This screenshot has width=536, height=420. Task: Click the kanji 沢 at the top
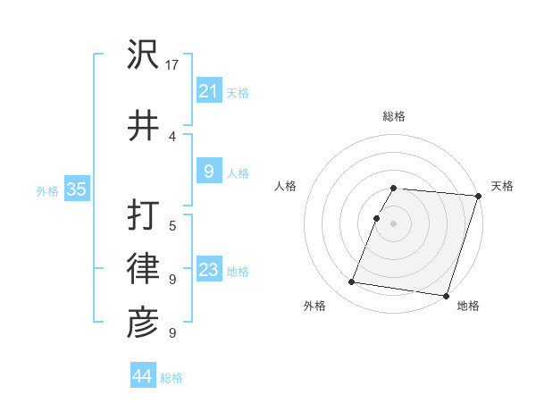pyautogui.click(x=143, y=55)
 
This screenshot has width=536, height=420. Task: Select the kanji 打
pyautogui.click(x=143, y=216)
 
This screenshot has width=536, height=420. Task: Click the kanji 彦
pyautogui.click(x=143, y=323)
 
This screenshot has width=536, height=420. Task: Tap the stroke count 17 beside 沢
pyautogui.click(x=173, y=64)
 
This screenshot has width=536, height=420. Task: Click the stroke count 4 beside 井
pyautogui.click(x=172, y=136)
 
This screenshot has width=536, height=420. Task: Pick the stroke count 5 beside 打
pyautogui.click(x=172, y=225)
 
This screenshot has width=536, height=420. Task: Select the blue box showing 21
pyautogui.click(x=208, y=90)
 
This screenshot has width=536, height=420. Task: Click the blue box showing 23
pyautogui.click(x=208, y=270)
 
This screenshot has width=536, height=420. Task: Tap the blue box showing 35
pyautogui.click(x=76, y=189)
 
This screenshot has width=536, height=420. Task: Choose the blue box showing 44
pyautogui.click(x=142, y=376)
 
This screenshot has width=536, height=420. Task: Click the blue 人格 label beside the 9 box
pyautogui.click(x=238, y=173)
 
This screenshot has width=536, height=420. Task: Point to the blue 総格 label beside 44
pyautogui.click(x=172, y=378)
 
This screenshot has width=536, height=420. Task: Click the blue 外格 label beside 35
pyautogui.click(x=46, y=191)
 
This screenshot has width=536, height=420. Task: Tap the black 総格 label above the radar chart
pyautogui.click(x=394, y=116)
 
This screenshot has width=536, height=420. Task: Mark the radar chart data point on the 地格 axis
pyautogui.click(x=446, y=295)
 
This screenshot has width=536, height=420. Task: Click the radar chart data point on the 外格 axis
pyautogui.click(x=352, y=282)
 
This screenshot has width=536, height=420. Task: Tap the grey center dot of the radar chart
pyautogui.click(x=394, y=223)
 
